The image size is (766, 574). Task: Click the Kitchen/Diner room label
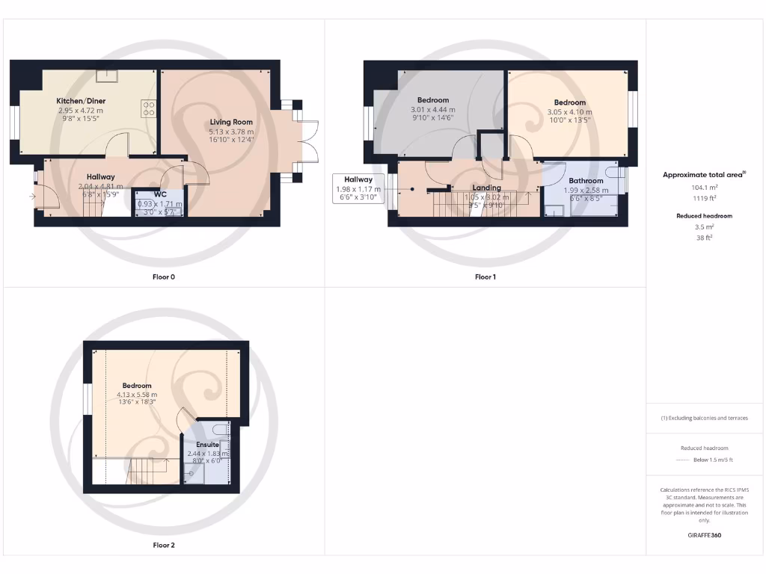tap(81, 100)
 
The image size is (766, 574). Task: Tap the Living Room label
tap(230, 122)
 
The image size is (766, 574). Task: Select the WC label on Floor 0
tap(160, 194)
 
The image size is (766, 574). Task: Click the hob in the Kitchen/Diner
tap(148, 108)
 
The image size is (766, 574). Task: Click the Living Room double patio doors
tap(307, 141)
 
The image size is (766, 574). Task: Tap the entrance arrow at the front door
tap(31, 197)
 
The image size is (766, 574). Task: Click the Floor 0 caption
tap(163, 277)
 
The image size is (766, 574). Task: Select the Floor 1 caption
tap(485, 277)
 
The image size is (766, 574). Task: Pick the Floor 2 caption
tap(163, 545)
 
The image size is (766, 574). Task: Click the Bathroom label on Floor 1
tap(586, 181)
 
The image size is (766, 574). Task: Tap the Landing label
tap(486, 188)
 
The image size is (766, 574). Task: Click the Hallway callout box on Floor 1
tap(358, 189)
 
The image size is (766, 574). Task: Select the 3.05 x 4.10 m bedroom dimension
tap(570, 112)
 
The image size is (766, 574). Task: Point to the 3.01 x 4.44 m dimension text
tap(433, 110)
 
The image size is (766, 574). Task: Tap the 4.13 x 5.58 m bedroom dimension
tap(137, 395)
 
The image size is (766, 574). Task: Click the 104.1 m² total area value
tap(705, 188)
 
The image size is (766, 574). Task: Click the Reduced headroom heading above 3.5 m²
tap(705, 216)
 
